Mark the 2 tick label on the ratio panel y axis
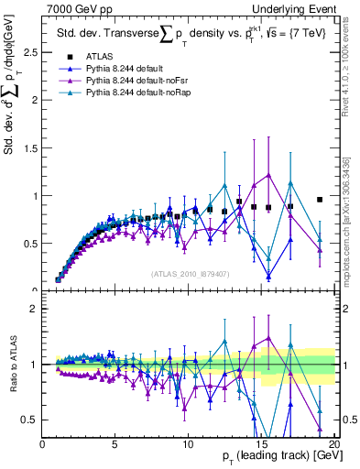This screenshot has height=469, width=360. tap(34, 309)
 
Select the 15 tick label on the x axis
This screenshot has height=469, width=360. tap(260, 444)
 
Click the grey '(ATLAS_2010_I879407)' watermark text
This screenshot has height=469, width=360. tap(189, 273)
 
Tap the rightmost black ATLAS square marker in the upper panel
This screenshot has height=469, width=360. tap(319, 199)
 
